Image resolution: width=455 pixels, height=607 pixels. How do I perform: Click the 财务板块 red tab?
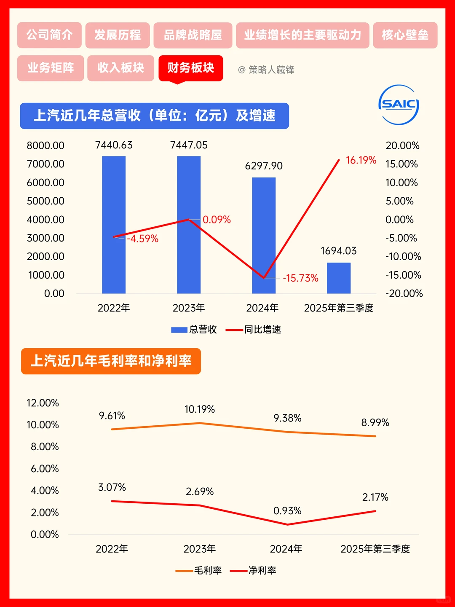191,68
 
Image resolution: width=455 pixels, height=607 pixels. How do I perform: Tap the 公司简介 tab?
49,35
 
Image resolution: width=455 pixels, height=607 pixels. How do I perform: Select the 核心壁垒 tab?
405,35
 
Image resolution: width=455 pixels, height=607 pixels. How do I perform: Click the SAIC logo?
399,105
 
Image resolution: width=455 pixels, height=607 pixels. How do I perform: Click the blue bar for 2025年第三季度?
339,278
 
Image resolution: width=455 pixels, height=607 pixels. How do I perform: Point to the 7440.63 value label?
114,145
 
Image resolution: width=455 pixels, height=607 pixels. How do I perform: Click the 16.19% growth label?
361,160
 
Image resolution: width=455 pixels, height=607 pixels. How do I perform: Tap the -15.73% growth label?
300,278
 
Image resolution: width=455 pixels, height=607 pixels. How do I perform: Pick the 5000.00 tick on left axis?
45,201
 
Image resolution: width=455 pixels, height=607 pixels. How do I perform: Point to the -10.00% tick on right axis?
403,256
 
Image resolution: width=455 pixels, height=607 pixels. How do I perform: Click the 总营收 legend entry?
194,330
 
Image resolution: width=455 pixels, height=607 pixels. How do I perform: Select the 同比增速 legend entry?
254,330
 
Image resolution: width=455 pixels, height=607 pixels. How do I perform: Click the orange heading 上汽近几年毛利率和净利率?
111,361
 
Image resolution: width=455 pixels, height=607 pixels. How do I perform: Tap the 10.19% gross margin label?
200,409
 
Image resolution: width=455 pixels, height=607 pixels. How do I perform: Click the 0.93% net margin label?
287,511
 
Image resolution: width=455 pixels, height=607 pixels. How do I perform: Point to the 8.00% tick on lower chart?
45,447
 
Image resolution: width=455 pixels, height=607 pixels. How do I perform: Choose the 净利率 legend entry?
253,570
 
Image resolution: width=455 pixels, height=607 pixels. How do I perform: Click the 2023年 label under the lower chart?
200,549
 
